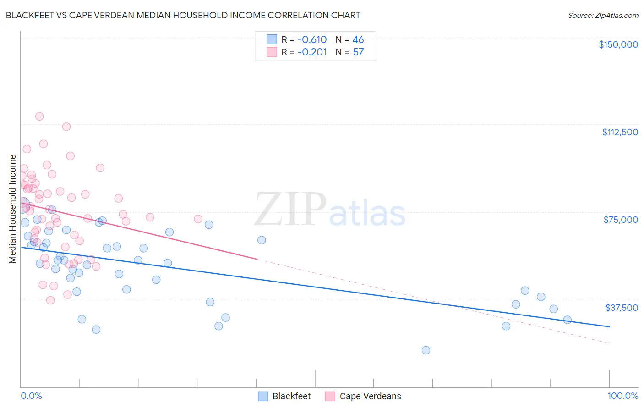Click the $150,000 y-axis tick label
pyautogui.click(x=618, y=44)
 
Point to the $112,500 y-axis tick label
pyautogui.click(x=620, y=132)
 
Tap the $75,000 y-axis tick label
pyautogui.click(x=621, y=220)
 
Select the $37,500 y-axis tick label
pyautogui.click(x=622, y=308)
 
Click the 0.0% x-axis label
pyautogui.click(x=31, y=396)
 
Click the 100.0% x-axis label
pyautogui.click(x=622, y=396)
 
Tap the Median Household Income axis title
pyautogui.click(x=13, y=209)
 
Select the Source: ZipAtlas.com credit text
pyautogui.click(x=603, y=15)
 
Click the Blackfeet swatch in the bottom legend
pyautogui.click(x=263, y=396)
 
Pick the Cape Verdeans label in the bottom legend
pyautogui.click(x=370, y=396)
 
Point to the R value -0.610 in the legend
pyautogui.click(x=312, y=39)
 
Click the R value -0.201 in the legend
pyautogui.click(x=312, y=52)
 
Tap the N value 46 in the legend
pyautogui.click(x=358, y=39)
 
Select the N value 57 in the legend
pyautogui.click(x=358, y=52)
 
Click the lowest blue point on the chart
pyautogui.click(x=426, y=350)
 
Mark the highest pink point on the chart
pyautogui.click(x=39, y=116)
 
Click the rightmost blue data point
pyautogui.click(x=567, y=320)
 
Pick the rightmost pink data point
pyautogui.click(x=198, y=219)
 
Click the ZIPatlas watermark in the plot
pyautogui.click(x=330, y=210)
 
